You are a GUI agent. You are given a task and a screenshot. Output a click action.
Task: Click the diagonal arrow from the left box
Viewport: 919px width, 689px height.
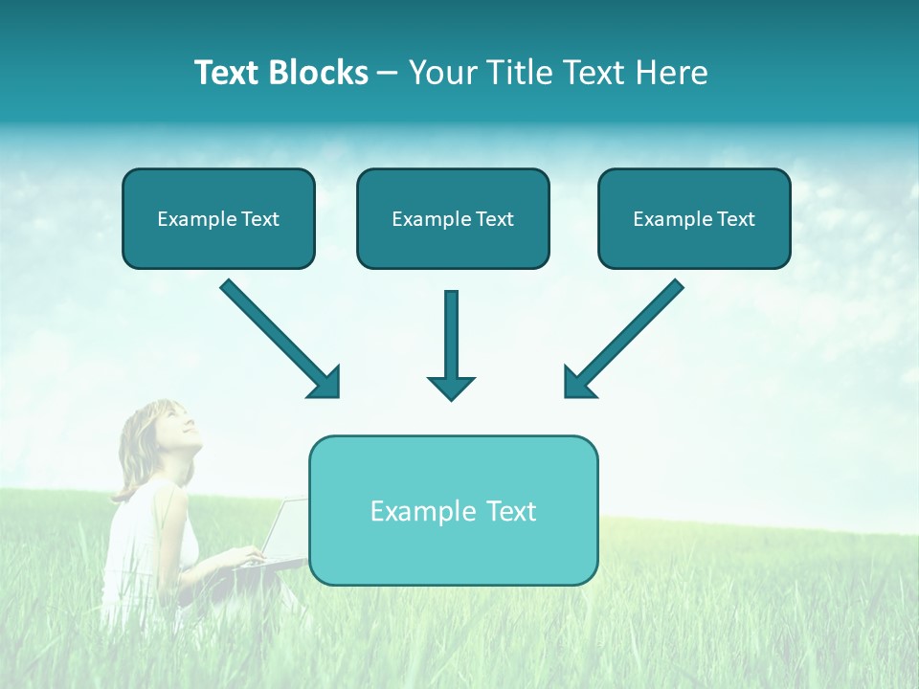278,336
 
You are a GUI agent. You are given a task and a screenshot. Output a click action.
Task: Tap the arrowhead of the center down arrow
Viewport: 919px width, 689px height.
451,388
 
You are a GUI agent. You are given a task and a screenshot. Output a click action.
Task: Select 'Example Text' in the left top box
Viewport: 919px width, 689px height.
218,219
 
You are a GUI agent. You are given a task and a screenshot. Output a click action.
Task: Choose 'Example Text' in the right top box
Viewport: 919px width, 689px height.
694,219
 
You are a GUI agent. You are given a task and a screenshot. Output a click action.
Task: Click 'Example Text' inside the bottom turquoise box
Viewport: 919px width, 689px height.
453,511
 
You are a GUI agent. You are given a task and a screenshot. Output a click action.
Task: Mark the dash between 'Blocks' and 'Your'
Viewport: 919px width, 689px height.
388,74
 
